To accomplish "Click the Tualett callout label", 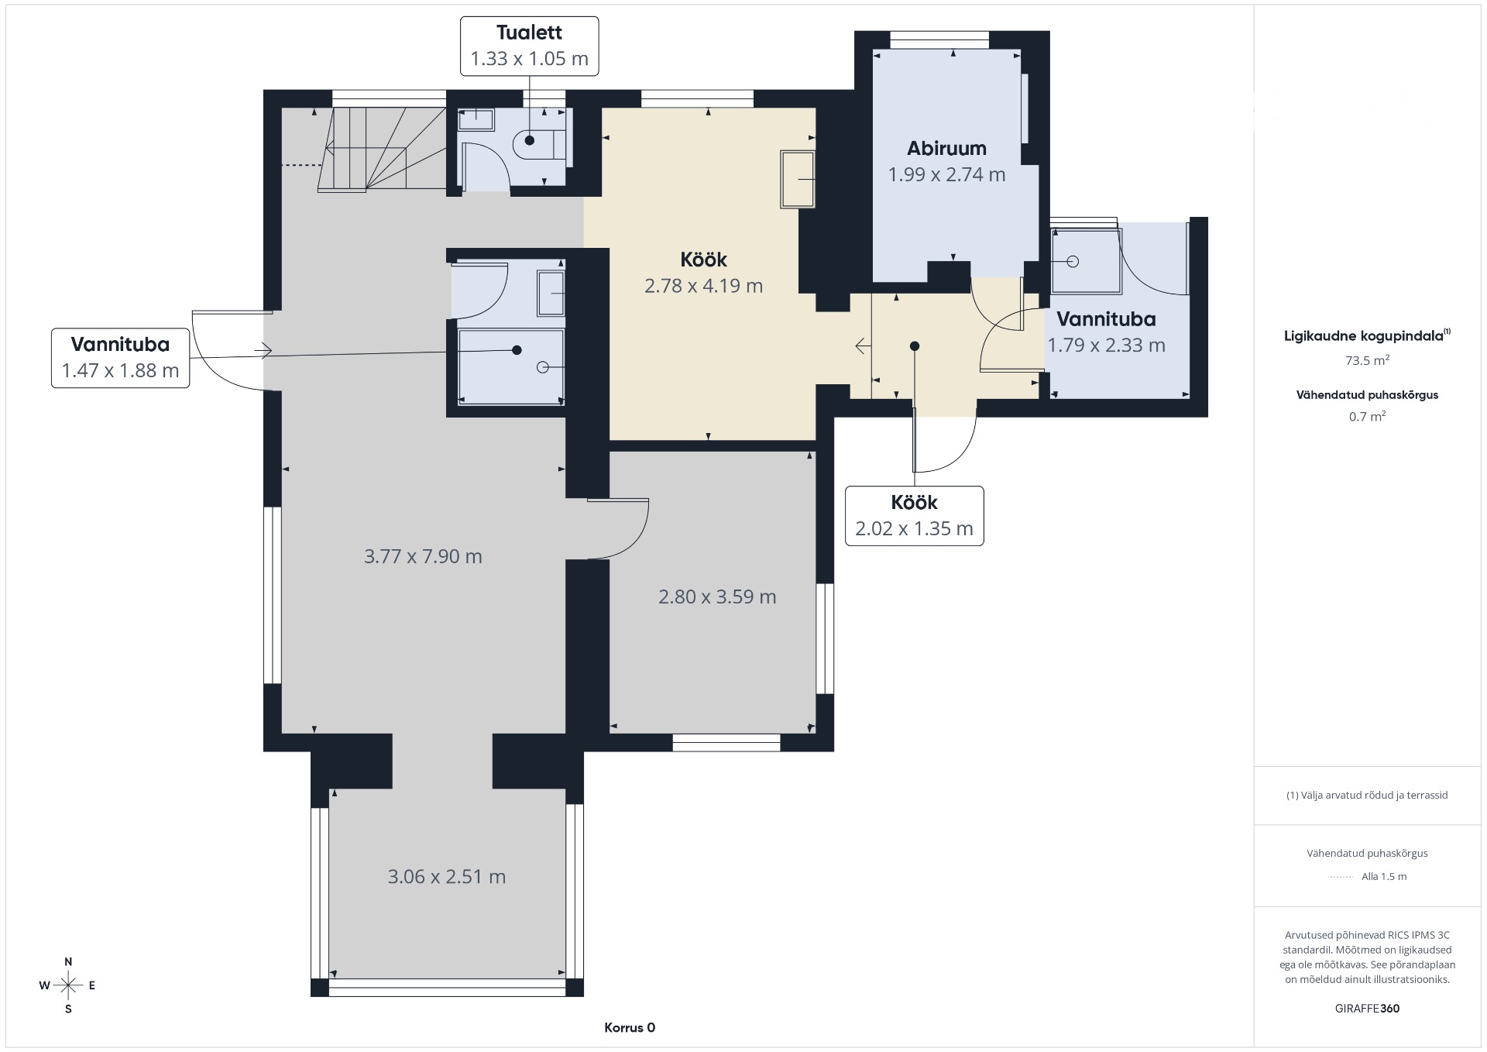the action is (530, 46).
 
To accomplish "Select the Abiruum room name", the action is (946, 149).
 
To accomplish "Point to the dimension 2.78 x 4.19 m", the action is (703, 286).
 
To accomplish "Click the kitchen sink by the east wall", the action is (798, 180).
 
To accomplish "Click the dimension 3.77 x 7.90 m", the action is (423, 556).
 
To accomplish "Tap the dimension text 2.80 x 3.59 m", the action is (717, 596).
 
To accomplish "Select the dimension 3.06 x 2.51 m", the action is (446, 877).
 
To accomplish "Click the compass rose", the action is (68, 985).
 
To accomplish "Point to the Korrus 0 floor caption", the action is (630, 1028).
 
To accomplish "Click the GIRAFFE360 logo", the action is (1367, 1009).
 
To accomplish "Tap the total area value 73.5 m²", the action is (1367, 360).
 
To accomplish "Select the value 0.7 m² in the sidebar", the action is (1367, 416).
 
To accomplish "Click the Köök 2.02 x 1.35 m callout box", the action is (914, 516).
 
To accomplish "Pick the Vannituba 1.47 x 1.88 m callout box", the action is (120, 358).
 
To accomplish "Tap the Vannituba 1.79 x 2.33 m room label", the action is (1106, 332).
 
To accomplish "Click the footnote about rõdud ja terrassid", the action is (1367, 795).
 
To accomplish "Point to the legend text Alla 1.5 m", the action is (1384, 877).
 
